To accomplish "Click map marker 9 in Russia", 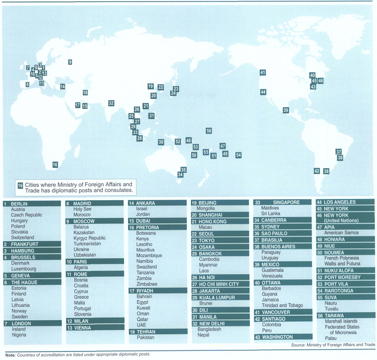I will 70,62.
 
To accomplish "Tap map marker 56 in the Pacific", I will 209,131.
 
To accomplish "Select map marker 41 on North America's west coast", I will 263,72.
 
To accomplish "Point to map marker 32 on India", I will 111,103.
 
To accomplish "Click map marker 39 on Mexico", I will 286,110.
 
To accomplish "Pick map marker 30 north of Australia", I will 161,142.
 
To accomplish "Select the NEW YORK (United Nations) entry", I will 338,218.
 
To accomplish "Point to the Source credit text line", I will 333,345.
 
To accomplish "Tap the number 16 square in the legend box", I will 20,185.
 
